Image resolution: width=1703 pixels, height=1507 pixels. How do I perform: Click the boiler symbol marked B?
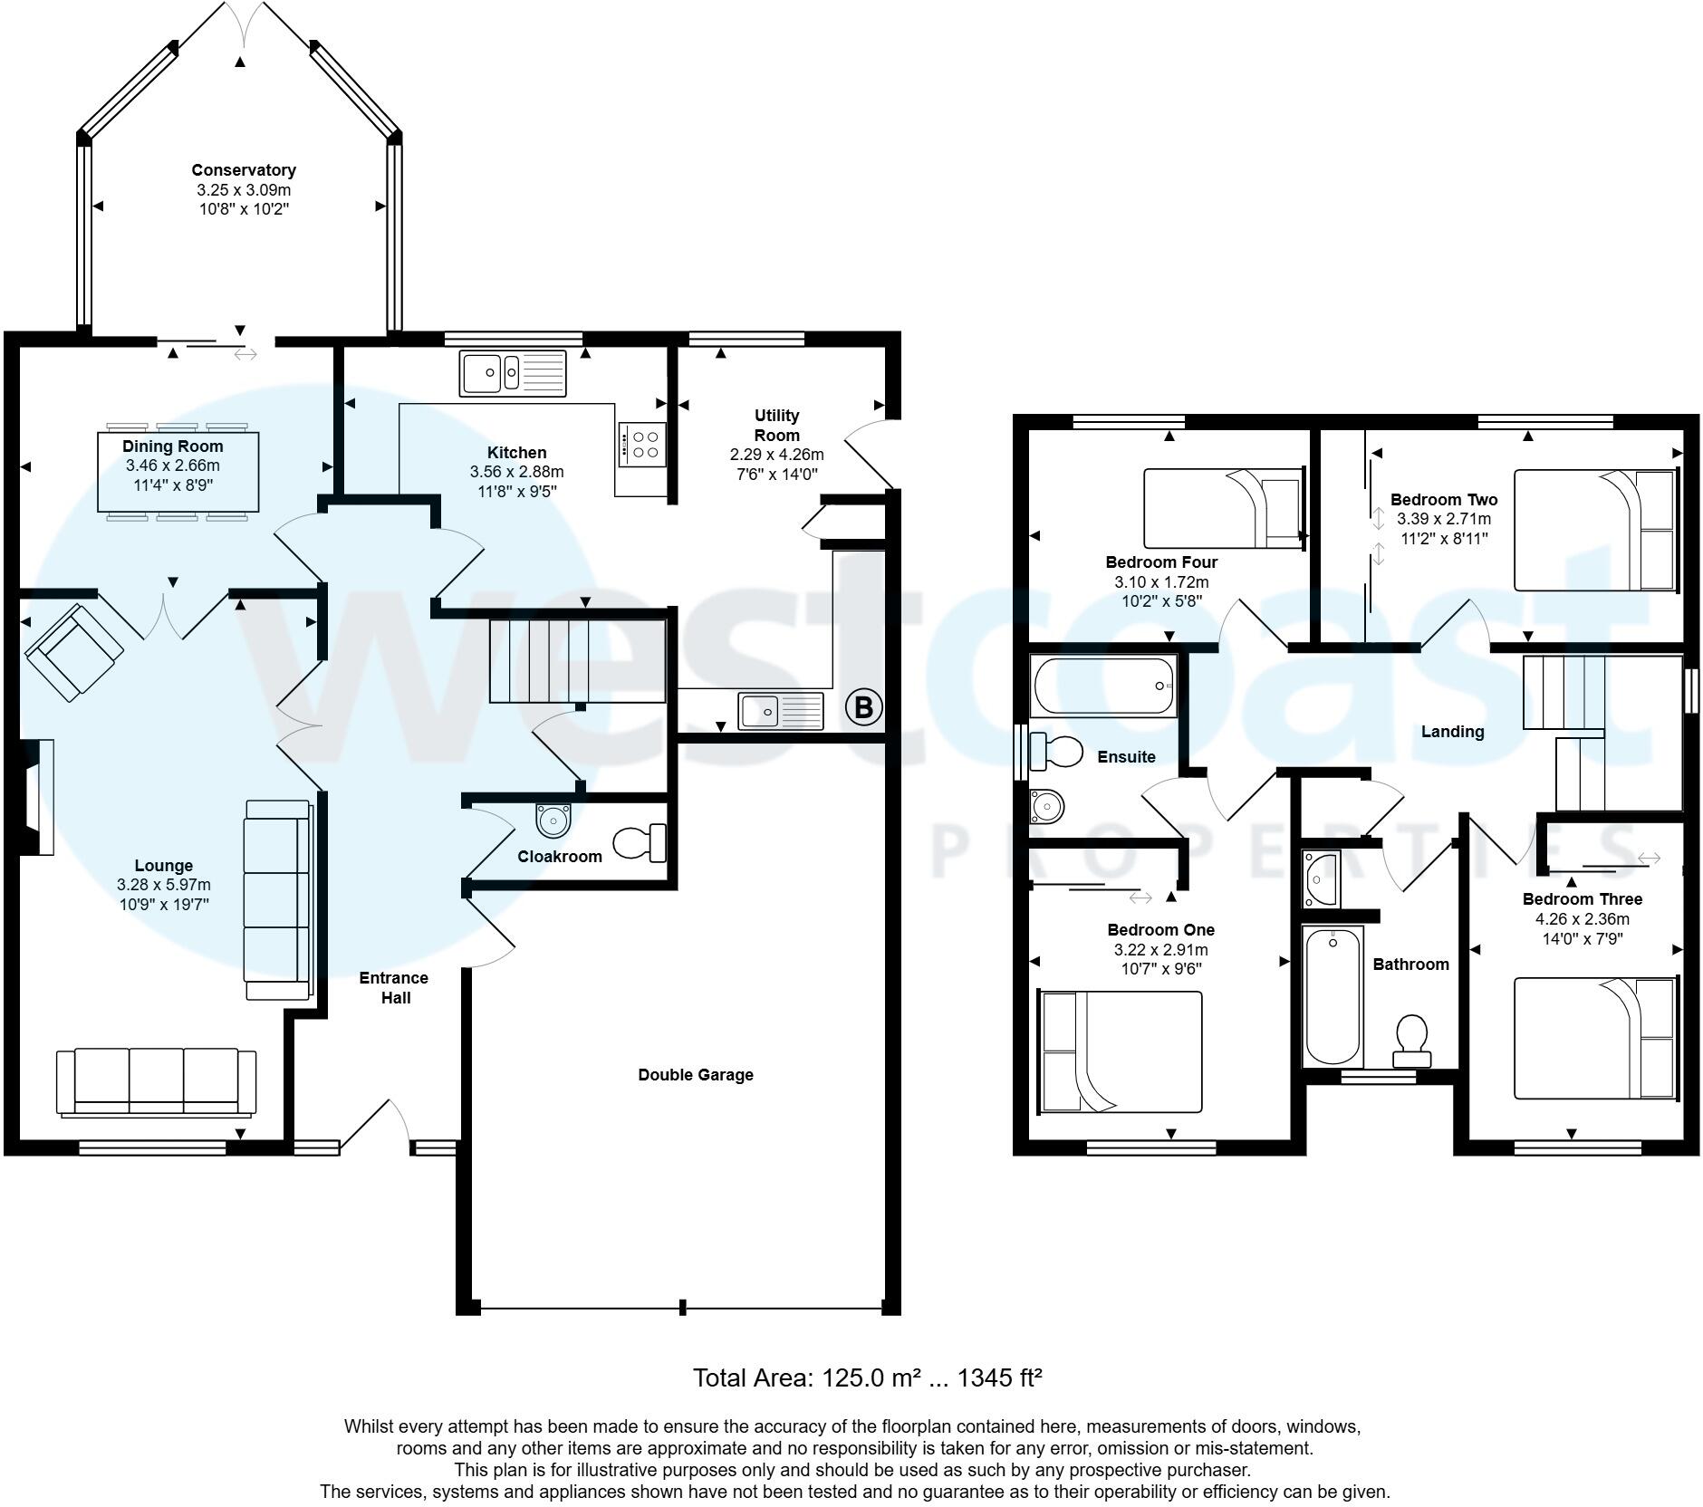(863, 706)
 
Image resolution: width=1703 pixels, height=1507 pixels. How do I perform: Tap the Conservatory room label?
(244, 170)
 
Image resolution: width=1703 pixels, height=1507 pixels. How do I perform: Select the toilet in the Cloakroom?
(640, 842)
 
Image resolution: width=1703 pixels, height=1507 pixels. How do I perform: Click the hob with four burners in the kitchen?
(642, 444)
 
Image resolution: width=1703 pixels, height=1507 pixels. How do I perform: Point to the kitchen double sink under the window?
(513, 372)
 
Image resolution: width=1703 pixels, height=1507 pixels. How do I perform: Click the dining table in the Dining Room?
(178, 472)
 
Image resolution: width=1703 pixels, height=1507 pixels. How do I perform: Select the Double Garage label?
(696, 1075)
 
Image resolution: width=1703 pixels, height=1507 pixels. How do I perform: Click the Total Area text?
(867, 1377)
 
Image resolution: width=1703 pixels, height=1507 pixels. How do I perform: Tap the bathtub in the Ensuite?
(1103, 686)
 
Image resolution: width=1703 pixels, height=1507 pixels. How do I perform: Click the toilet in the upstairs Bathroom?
(1411, 1040)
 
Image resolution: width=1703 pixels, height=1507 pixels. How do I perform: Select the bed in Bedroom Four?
(1222, 508)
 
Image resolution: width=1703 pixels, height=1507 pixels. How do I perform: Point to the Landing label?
(1452, 732)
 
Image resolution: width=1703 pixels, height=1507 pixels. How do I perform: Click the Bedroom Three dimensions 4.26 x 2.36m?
(1582, 918)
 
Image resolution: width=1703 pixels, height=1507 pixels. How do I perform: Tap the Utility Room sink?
(781, 710)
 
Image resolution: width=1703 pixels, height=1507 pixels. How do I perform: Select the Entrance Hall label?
(394, 987)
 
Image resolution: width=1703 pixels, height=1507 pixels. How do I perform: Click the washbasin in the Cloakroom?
(553, 820)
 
